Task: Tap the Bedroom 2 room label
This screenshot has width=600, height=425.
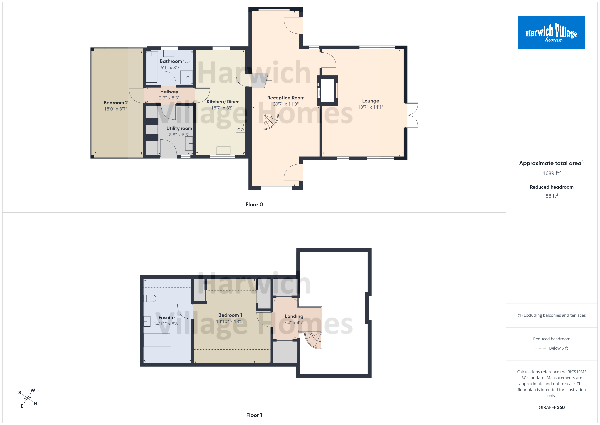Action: (115, 103)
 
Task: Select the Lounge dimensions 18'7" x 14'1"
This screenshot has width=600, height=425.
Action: (371, 107)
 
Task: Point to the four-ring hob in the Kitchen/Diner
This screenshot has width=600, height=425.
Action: (240, 127)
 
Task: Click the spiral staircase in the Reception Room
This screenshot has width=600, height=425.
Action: (270, 122)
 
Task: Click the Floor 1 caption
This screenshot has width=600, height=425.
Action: (254, 415)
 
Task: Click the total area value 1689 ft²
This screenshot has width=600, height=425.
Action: (552, 173)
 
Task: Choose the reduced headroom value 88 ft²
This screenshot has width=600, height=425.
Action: (552, 196)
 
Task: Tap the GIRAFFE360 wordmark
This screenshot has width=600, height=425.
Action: (552, 407)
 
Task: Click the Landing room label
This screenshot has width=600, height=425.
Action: (294, 316)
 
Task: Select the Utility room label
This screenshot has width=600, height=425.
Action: (179, 129)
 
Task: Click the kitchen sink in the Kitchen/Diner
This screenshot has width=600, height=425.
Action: (223, 150)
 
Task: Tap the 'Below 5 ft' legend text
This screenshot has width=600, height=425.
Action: (559, 348)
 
